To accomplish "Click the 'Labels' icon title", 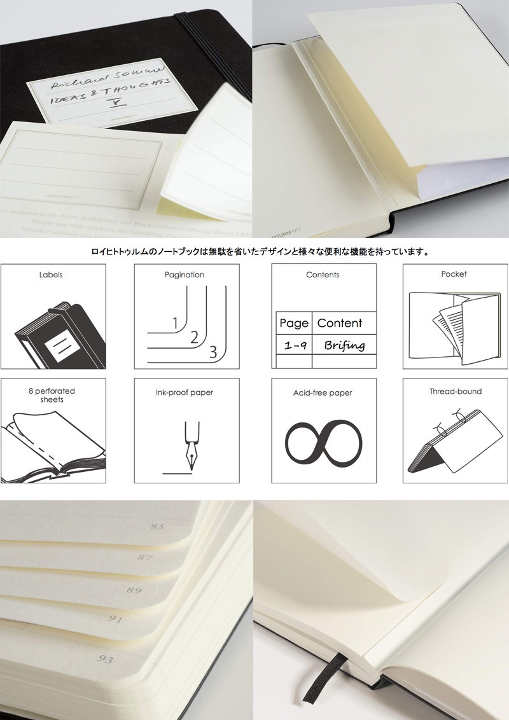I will [51, 275].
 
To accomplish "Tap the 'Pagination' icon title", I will [184, 275].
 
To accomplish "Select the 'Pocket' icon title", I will [454, 274].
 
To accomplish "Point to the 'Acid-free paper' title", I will [323, 393].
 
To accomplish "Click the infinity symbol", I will [323, 440].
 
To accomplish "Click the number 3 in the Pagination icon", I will [213, 351].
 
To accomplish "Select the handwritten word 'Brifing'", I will [344, 345].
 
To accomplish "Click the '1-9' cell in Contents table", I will [293, 345].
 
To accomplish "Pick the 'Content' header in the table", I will [339, 323].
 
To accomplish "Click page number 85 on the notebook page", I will [157, 527].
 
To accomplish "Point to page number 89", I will [134, 590].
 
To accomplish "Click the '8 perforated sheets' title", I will [51, 395].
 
